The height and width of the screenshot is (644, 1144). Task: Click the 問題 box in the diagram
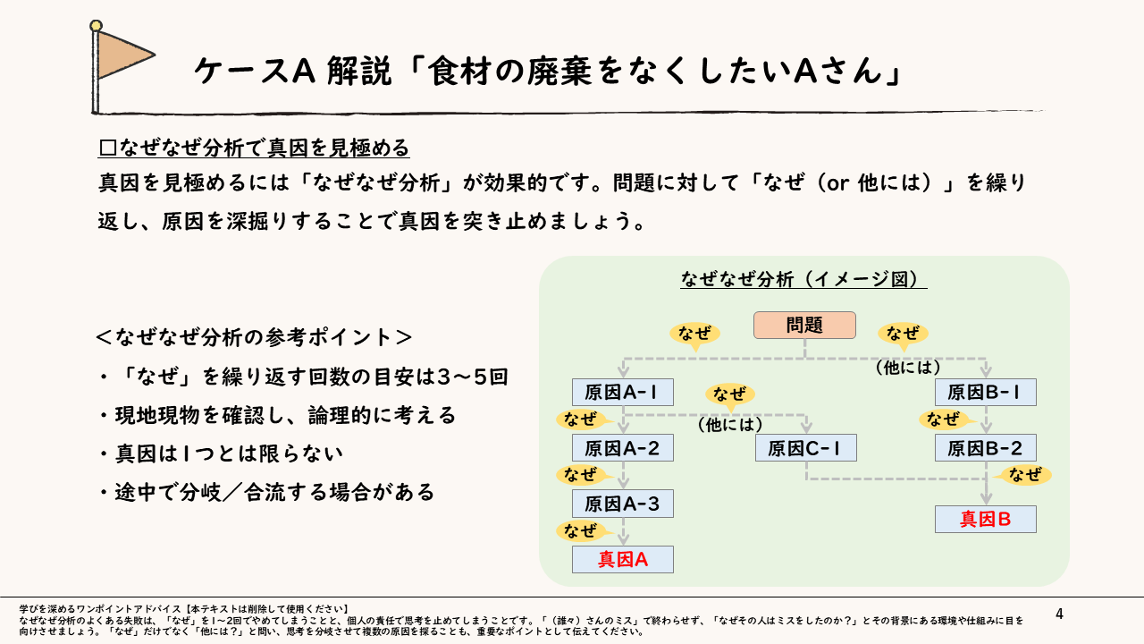804,325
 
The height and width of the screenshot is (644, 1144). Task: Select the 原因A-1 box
622,393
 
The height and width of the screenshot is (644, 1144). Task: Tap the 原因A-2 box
622,448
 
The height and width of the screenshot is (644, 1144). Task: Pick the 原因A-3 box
622,504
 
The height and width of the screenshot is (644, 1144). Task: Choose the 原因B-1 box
985,393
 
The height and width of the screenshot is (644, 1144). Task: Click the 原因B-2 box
985,448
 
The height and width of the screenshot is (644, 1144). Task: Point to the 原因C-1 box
805,448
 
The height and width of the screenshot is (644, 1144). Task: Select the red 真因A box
622,560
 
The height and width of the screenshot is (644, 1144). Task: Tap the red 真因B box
985,520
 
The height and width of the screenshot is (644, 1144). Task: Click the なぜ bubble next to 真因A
582,531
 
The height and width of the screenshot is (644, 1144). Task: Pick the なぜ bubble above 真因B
1024,475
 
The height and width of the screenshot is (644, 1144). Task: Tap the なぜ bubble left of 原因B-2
944,419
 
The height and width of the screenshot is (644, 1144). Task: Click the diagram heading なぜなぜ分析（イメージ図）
803,279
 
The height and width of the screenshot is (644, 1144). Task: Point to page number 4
1059,614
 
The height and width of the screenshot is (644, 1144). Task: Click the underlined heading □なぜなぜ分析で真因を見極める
254,147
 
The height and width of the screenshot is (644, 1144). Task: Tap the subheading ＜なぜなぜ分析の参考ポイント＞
254,337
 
